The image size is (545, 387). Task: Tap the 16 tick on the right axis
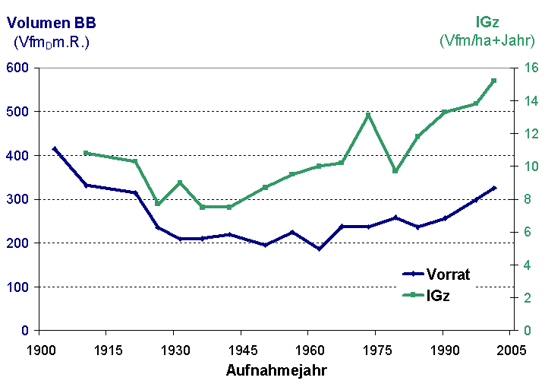531,68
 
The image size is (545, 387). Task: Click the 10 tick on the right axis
531,167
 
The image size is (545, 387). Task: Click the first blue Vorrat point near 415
55,149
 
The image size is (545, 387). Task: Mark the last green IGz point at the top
493,81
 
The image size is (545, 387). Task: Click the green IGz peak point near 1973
368,116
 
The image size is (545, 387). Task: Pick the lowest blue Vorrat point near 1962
319,249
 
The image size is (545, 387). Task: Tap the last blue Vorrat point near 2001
493,188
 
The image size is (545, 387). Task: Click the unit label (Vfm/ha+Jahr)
489,40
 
